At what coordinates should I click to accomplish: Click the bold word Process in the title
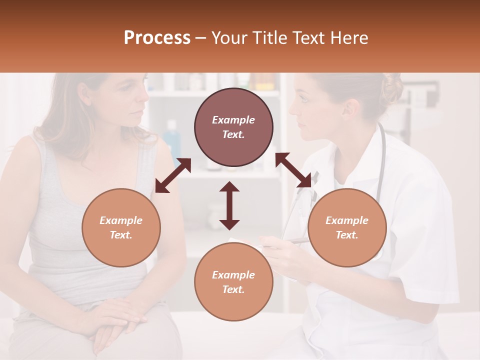coord(157,38)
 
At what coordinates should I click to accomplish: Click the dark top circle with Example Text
coord(233,127)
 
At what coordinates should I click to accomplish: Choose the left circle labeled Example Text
coord(121,227)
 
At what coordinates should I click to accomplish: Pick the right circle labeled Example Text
coord(347,227)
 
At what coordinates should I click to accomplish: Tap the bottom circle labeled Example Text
coord(233,282)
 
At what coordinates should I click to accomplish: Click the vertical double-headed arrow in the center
coord(229,205)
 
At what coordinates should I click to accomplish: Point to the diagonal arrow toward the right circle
coord(293,170)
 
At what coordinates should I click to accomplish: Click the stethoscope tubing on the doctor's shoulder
coord(382,155)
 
